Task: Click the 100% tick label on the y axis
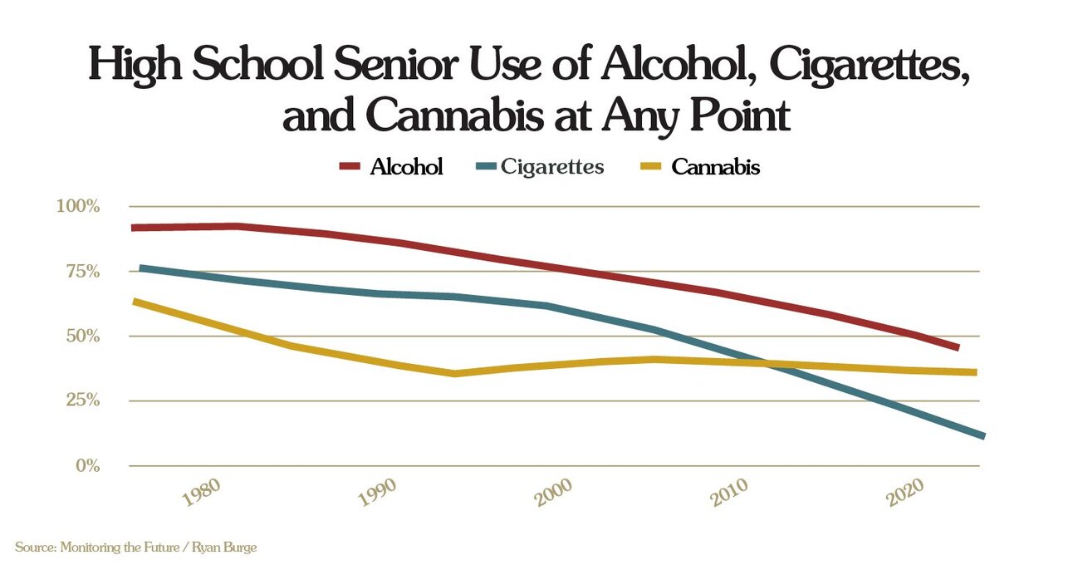click(x=78, y=207)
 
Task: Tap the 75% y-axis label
click(x=83, y=272)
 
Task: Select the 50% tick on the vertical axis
click(x=83, y=337)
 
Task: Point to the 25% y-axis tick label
click(x=83, y=400)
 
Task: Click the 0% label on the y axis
click(x=88, y=465)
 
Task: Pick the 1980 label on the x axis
click(x=202, y=493)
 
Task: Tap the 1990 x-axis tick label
click(x=378, y=493)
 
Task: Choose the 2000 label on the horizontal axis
click(x=553, y=493)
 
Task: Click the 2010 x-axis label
click(x=728, y=493)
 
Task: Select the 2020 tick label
click(x=904, y=493)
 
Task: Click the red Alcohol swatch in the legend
click(x=349, y=166)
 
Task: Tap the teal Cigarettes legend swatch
click(x=486, y=166)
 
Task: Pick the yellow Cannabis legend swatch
click(x=651, y=166)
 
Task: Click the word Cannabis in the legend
click(x=716, y=167)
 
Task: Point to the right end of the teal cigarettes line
click(x=984, y=436)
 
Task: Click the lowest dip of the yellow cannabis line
click(x=454, y=373)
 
